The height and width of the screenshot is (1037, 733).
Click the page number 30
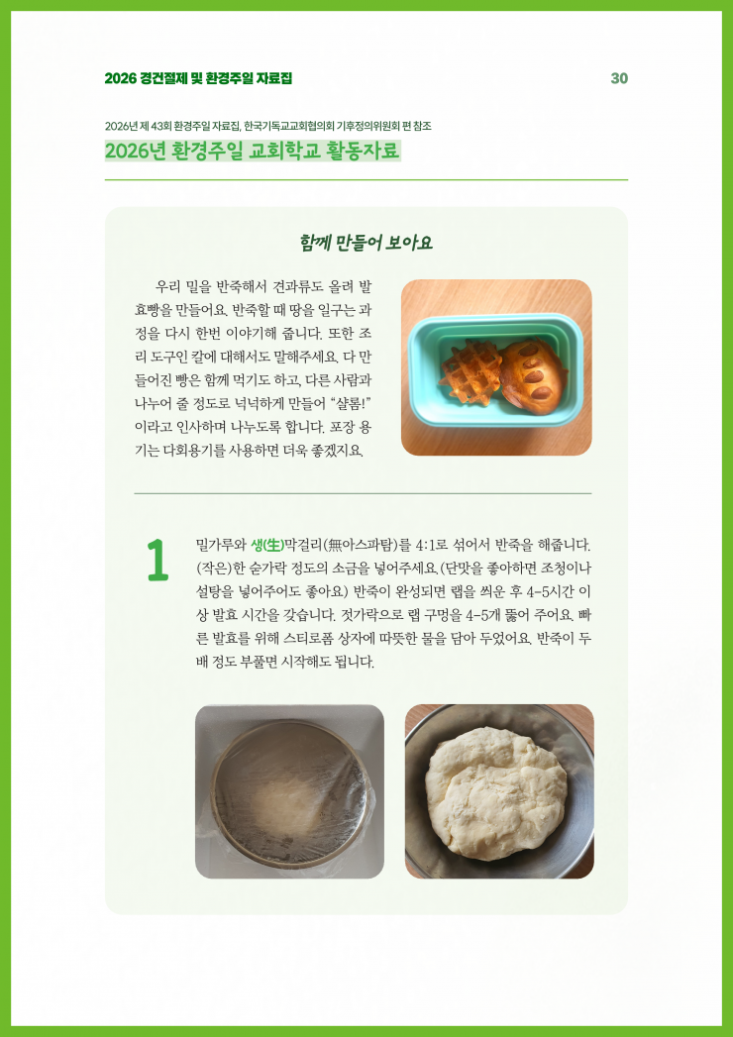619,78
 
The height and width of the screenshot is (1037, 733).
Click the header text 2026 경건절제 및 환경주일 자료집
198,78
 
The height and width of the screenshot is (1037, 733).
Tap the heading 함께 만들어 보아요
366,243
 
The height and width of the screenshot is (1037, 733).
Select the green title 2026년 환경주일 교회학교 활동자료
252,151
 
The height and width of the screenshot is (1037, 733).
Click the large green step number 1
158,561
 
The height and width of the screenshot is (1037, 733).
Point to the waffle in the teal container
471,371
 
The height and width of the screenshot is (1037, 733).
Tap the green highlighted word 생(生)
267,546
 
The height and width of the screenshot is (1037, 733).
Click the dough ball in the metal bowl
495,793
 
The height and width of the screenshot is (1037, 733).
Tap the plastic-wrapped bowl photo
289,791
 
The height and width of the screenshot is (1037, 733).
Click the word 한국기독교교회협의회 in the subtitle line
288,126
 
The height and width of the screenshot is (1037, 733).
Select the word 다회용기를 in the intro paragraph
187,451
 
